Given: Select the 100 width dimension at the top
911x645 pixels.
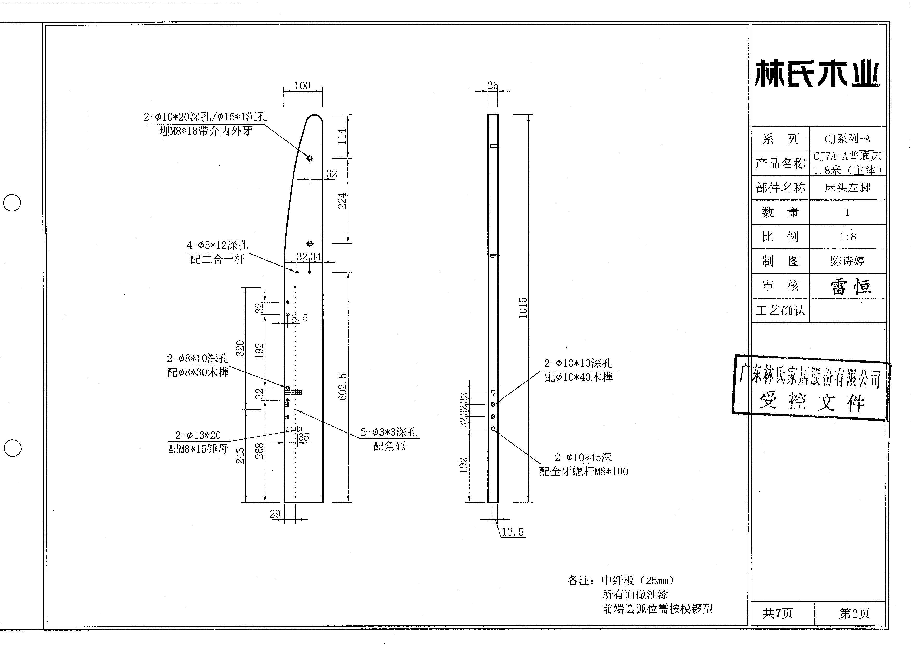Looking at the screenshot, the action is [303, 85].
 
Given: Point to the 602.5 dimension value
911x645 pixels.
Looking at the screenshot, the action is [342, 386].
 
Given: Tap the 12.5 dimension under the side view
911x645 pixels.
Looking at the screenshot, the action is [513, 532].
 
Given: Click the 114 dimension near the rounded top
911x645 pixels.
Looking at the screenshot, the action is [342, 136].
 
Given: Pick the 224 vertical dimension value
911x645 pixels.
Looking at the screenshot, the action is [342, 201].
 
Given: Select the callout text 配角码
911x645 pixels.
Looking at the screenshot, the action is [389, 446].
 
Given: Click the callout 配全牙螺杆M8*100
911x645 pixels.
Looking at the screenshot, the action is [584, 472].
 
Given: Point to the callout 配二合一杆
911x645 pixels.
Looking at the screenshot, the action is [218, 259].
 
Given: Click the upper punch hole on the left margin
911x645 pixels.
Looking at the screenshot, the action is [12, 203].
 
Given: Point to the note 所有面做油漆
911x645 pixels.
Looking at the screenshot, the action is [635, 595].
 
